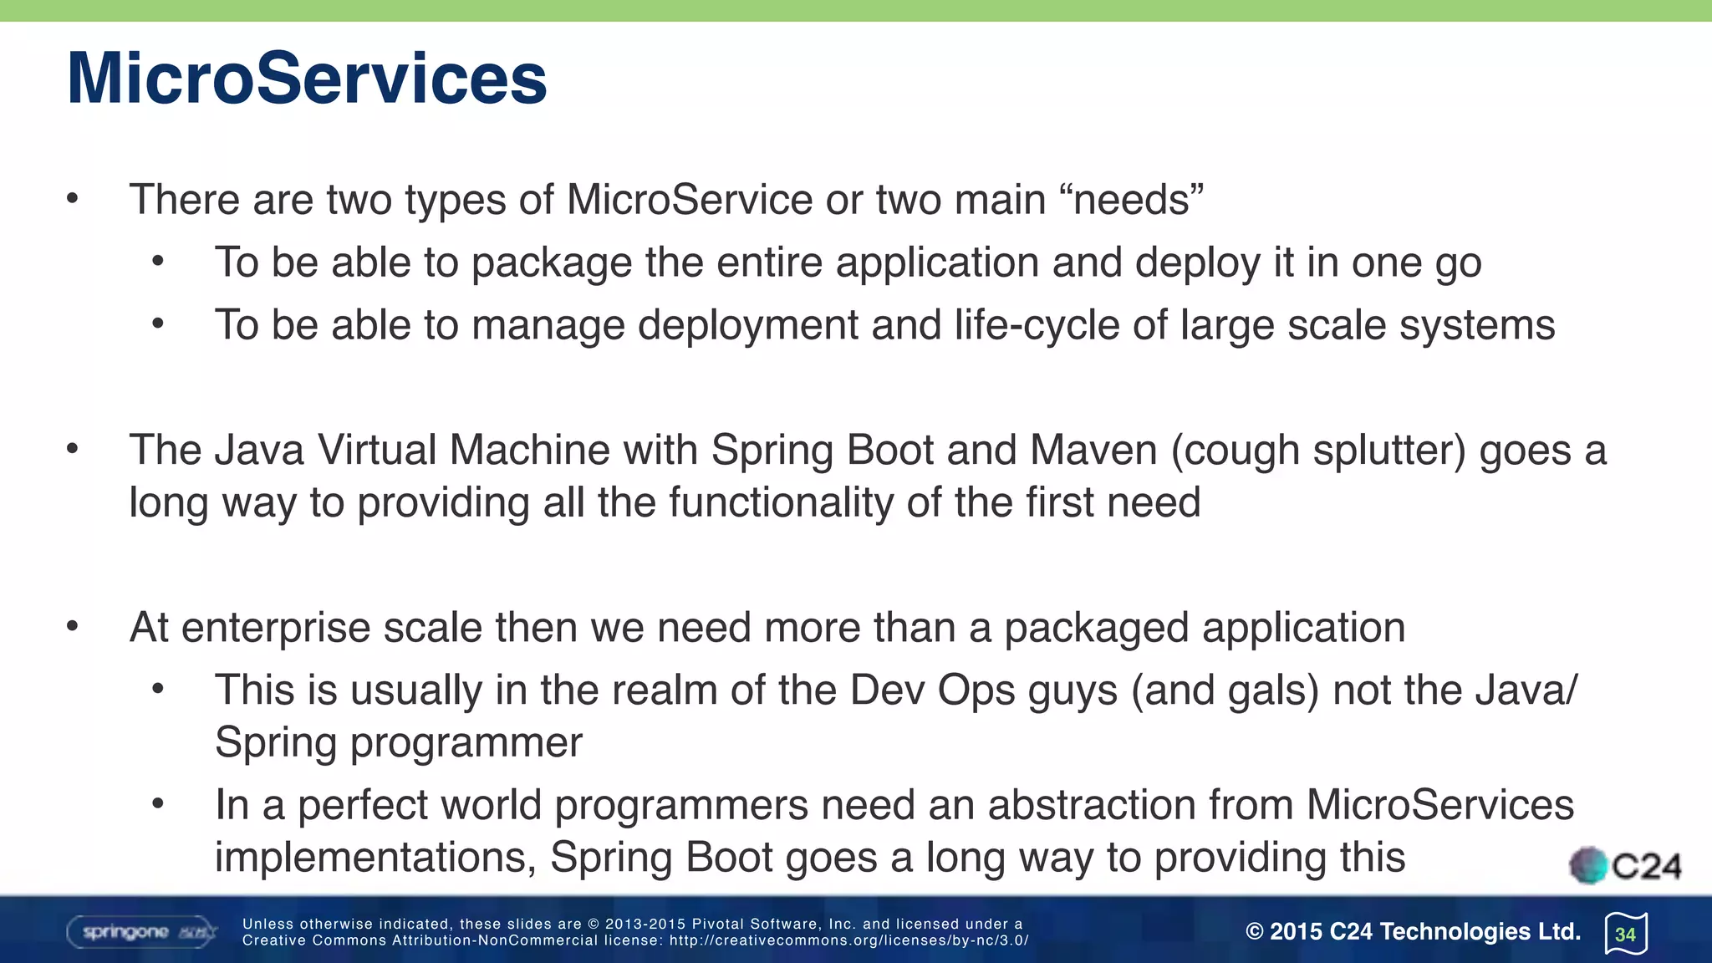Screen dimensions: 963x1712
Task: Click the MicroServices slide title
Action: click(307, 79)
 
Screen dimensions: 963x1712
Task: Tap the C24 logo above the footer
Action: click(1625, 866)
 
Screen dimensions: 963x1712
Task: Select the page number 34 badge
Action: click(1626, 934)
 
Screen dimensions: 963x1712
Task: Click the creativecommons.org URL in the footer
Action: click(848, 940)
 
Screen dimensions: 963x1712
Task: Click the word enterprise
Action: click(275, 628)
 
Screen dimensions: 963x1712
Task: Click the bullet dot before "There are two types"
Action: click(73, 199)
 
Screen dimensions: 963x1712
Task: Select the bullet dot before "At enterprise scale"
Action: click(73, 627)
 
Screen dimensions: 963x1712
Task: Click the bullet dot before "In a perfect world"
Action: click(158, 804)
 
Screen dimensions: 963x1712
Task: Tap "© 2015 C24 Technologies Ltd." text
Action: click(1413, 932)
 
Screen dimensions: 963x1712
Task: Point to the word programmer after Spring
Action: click(466, 742)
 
